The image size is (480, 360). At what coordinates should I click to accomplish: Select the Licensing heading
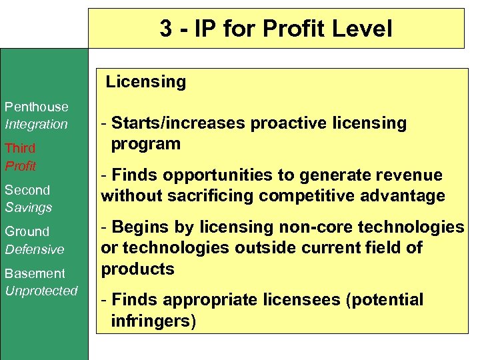[146, 82]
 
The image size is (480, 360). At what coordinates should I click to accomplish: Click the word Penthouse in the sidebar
[37, 107]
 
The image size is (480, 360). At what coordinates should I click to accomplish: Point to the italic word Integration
[37, 124]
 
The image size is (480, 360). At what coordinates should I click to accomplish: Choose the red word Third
[20, 148]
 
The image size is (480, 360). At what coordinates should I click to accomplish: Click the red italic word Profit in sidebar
[21, 165]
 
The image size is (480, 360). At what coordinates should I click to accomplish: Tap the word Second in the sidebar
[27, 190]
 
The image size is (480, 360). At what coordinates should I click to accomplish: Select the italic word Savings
[29, 207]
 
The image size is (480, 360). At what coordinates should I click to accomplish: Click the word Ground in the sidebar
[27, 231]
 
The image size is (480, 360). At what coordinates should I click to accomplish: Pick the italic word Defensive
[35, 249]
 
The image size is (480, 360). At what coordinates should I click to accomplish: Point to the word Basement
[35, 273]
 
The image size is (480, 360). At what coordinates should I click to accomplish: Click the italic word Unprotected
[41, 291]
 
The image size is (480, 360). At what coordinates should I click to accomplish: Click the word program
[146, 143]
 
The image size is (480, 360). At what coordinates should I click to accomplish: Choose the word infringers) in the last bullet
[154, 321]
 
